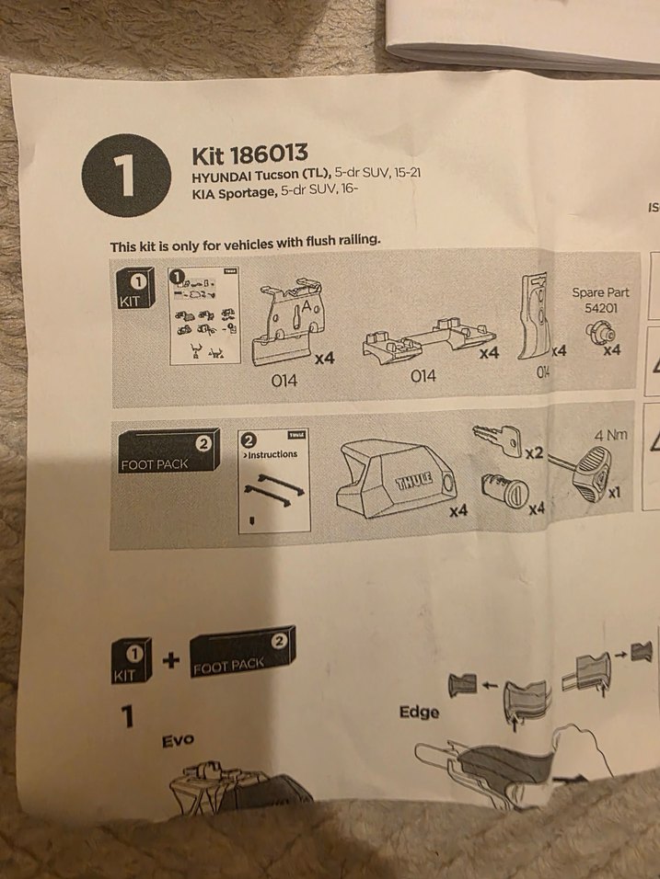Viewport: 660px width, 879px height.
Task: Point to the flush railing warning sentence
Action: (246, 244)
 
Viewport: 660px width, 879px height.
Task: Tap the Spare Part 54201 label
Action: (600, 299)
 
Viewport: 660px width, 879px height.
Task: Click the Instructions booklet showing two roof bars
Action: (273, 482)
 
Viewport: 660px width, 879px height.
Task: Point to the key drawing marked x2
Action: (500, 440)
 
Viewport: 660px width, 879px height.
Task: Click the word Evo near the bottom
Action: (178, 739)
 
